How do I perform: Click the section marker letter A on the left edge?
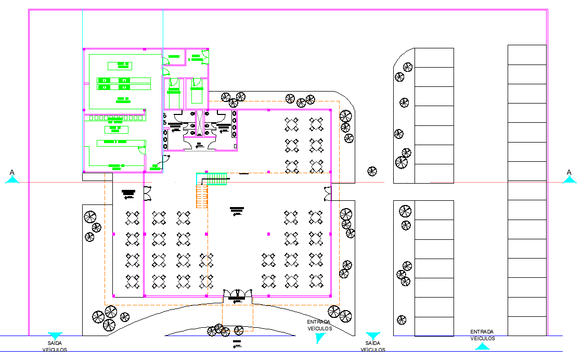12,172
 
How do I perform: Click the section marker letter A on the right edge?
569,172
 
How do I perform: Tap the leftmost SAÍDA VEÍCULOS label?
55,346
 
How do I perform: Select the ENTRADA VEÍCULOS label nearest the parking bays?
482,335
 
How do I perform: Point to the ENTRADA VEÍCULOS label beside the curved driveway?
319,325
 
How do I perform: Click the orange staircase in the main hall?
202,197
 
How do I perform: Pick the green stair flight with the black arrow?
213,179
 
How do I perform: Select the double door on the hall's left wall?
147,194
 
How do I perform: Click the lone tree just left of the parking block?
372,171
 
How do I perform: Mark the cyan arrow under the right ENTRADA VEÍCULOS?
482,346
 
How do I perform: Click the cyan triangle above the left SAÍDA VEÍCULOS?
55,336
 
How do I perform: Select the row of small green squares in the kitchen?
117,118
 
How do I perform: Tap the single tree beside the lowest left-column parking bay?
401,319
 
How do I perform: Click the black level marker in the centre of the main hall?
237,211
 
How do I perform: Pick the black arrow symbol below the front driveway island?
237,344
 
